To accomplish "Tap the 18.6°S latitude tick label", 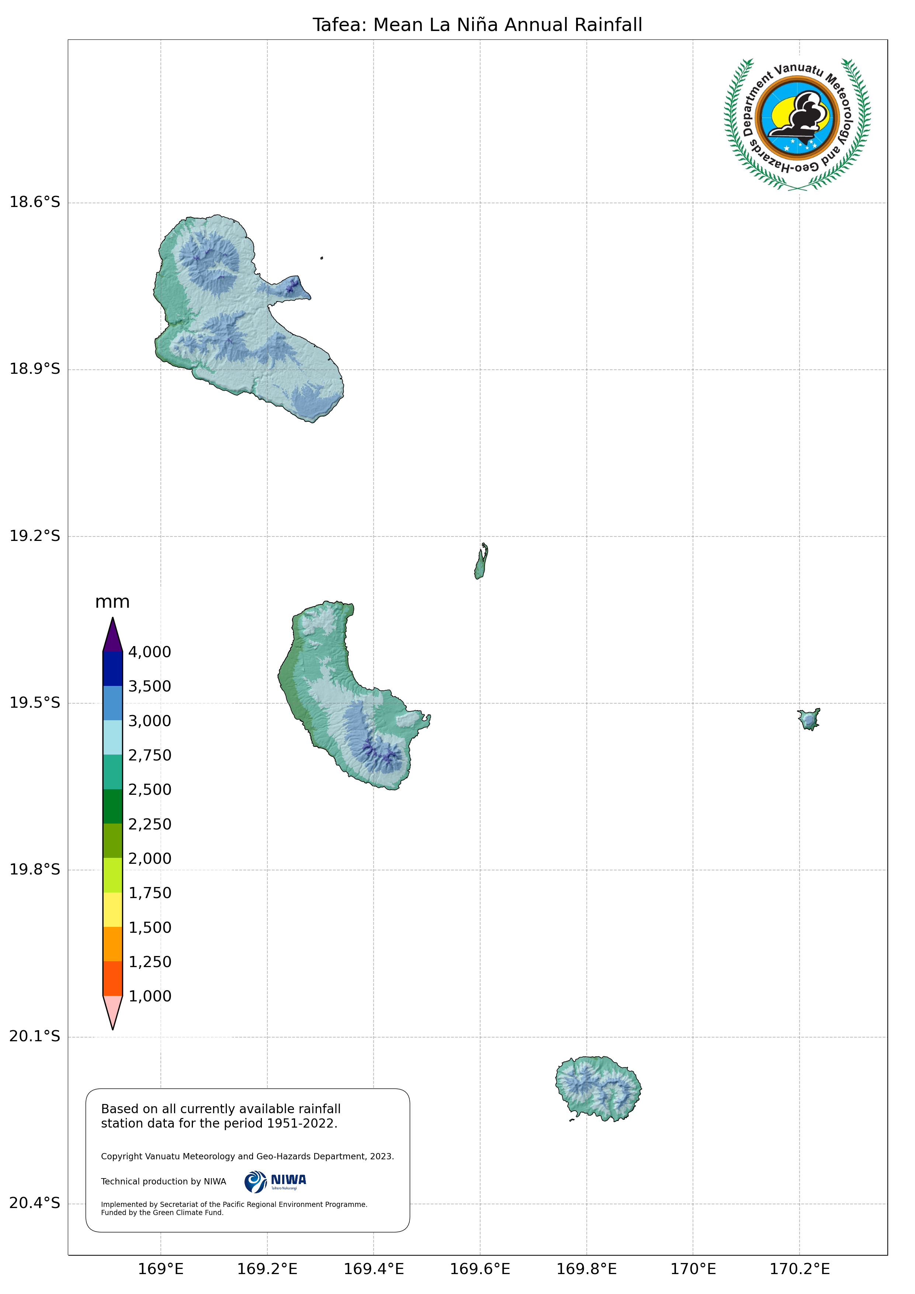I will (x=34, y=202).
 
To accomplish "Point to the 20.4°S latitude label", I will (x=34, y=1203).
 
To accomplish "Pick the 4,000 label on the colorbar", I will (x=149, y=652).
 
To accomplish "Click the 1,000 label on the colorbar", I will (x=149, y=997).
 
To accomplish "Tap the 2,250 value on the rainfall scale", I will (x=149, y=825).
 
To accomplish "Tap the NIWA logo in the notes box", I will (x=275, y=1181).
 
